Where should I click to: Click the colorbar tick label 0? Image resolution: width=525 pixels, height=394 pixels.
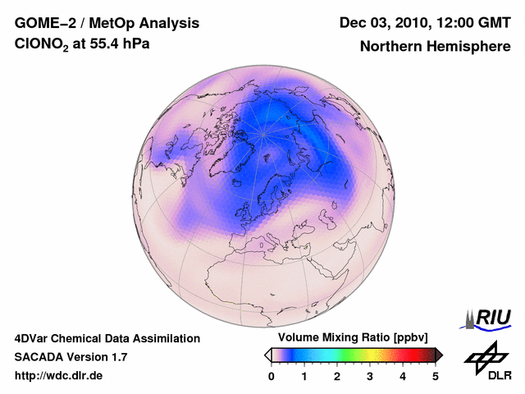point(272,376)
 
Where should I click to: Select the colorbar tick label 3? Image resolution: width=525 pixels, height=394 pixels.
point(370,376)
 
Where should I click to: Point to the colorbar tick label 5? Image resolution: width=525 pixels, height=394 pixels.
point(436,376)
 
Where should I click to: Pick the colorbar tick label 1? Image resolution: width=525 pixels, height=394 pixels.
point(304,376)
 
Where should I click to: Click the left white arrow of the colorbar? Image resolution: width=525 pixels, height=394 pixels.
point(267,355)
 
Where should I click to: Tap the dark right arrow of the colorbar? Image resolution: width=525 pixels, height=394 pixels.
point(439,355)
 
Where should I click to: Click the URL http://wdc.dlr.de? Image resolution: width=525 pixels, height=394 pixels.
point(58,376)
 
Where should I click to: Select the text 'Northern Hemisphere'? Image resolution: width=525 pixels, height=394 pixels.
point(435,46)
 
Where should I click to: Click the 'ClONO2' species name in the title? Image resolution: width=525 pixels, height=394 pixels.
point(43,45)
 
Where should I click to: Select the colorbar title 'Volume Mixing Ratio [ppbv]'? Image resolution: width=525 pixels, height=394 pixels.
point(353,337)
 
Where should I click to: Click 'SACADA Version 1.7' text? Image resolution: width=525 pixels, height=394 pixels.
point(71,357)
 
